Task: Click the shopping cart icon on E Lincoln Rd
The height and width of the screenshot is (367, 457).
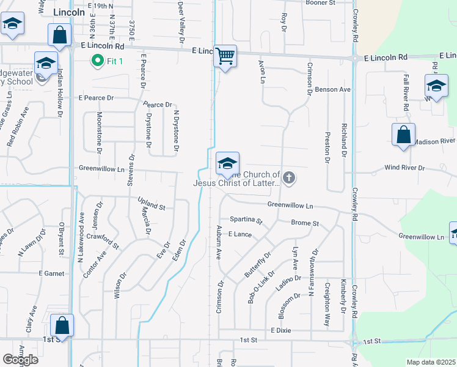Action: coord(225,56)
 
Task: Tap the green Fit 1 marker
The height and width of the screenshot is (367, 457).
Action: coord(97,61)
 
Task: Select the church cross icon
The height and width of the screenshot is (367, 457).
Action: coord(289,179)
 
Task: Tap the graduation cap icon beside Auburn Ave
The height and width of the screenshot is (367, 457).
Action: coord(227,163)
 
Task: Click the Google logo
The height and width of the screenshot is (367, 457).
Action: coord(20,360)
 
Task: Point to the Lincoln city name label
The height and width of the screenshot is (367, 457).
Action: coord(69,12)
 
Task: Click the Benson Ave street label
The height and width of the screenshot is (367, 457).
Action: coord(332,89)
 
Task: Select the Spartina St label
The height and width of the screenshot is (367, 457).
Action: coord(246,220)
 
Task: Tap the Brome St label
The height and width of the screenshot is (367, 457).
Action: coord(305,224)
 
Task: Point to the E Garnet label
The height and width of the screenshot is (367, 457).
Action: coord(51,273)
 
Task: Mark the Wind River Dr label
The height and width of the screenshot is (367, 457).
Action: coord(407,168)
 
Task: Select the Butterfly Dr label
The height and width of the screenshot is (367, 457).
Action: coord(258,264)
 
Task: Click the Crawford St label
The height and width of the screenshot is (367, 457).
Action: coord(103,241)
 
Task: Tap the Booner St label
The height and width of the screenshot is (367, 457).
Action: coord(321,3)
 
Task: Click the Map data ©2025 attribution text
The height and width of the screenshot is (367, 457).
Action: coord(431,362)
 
